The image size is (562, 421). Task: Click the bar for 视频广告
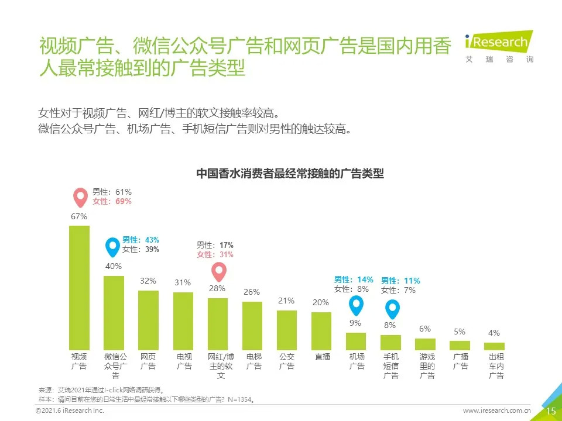coord(79,288)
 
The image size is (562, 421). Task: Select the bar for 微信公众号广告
coord(114,313)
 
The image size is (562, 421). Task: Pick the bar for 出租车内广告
coord(494,346)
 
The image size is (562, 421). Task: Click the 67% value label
coord(79,216)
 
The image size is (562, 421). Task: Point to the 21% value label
coord(286,301)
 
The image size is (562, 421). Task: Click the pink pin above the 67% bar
coord(79,198)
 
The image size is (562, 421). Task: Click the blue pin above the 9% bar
coord(355,305)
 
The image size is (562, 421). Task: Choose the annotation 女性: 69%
coord(112,201)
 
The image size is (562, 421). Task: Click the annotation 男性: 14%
coord(354,279)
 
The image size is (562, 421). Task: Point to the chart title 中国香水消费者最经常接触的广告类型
coord(290,174)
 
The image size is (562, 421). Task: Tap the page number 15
coord(551,411)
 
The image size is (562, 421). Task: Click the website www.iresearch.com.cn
coord(496,411)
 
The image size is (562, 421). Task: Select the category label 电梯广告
coord(253,361)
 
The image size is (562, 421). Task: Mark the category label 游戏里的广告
coord(427,366)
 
